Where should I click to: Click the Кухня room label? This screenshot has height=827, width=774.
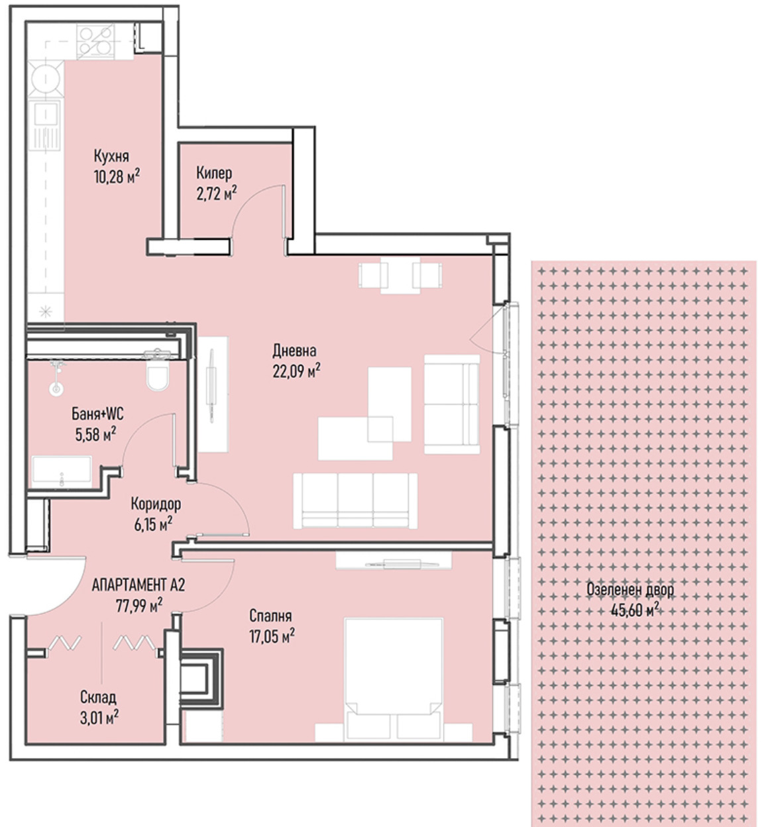pos(111,156)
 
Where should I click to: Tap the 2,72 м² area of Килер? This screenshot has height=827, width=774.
pos(216,193)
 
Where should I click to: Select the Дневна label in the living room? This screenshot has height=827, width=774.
pos(294,351)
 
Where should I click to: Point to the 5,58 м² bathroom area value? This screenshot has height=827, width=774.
pos(95,434)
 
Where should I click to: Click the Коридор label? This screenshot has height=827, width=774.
pos(156,504)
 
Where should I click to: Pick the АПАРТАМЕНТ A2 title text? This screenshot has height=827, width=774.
pos(138,585)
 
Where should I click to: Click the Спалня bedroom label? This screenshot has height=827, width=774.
pos(270,616)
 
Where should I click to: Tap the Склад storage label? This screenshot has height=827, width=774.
pos(98,697)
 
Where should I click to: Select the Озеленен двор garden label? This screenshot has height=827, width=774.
pos(630,590)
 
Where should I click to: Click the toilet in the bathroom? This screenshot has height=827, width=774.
pos(158,372)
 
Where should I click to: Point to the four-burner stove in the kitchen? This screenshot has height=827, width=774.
pos(96,40)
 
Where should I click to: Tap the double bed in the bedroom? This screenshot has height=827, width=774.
pos(394,680)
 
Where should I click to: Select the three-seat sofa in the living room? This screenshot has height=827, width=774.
pos(355,501)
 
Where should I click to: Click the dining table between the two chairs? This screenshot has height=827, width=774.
pos(400,275)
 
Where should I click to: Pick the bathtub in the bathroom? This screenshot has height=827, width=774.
pos(62,472)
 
